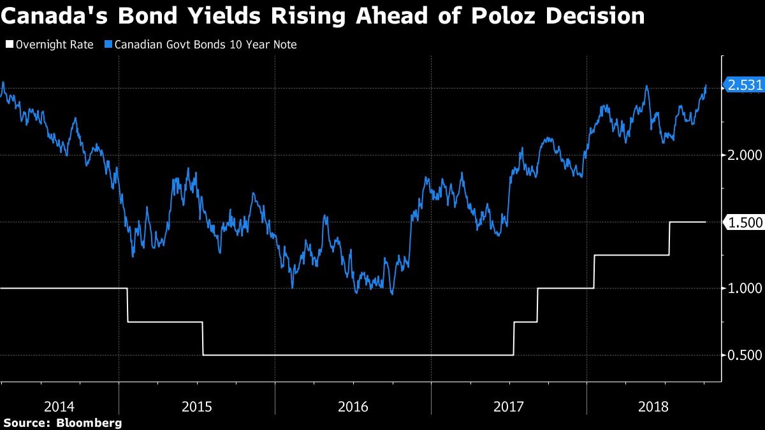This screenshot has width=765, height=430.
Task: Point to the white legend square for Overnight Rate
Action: point(8,45)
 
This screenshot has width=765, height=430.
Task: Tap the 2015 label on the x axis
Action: point(196,406)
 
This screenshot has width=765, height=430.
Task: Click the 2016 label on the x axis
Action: point(353,406)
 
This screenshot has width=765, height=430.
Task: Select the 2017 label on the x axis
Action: point(508,406)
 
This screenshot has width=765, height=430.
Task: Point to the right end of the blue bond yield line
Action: point(706,85)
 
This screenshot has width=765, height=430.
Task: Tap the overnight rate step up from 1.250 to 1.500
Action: point(669,238)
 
